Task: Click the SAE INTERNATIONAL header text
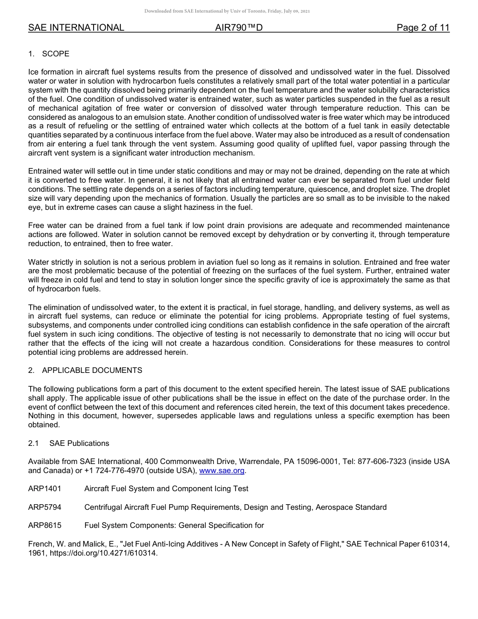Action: (76, 28)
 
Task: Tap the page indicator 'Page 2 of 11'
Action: (423, 28)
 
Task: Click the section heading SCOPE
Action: (56, 54)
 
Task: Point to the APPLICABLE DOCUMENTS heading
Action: (92, 370)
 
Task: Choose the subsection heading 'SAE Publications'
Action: (79, 443)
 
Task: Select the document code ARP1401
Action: (45, 489)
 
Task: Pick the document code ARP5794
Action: (45, 507)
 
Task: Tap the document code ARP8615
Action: (45, 525)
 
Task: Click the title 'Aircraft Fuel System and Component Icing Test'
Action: (166, 489)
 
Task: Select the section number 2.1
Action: (34, 443)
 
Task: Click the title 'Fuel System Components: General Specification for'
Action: (174, 525)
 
